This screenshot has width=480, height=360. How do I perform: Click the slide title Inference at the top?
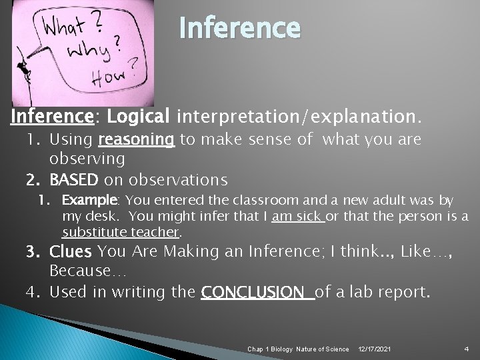click(x=239, y=29)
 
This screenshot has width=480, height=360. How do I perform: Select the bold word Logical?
click(x=139, y=117)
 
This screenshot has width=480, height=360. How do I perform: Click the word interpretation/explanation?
click(x=299, y=118)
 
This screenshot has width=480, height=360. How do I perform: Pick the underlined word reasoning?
click(x=136, y=141)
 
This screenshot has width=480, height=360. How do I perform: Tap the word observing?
click(x=87, y=159)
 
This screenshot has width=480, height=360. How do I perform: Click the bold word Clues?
click(x=72, y=252)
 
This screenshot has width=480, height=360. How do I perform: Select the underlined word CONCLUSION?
click(x=257, y=292)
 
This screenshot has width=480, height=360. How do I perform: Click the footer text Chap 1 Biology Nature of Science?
click(x=298, y=349)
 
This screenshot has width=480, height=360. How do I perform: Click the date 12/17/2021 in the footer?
click(x=375, y=349)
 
